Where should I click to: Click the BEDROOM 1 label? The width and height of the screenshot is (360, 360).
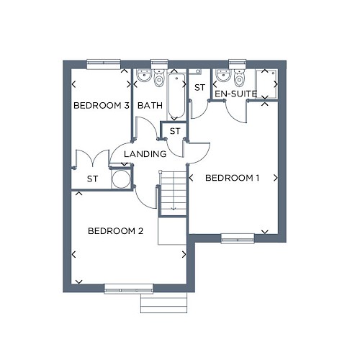(232, 178)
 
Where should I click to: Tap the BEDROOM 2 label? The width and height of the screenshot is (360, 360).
(115, 231)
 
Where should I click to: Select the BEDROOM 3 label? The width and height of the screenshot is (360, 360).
(102, 105)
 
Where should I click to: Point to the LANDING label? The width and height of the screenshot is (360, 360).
(145, 154)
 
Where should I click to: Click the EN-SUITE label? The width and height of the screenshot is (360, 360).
(235, 94)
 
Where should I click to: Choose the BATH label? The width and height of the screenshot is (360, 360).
(150, 105)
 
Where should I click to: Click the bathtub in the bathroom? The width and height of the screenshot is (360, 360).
(176, 96)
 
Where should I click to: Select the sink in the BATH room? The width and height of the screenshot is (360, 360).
(144, 75)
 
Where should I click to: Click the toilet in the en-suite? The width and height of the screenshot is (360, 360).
(239, 78)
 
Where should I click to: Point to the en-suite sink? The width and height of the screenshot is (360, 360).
(223, 75)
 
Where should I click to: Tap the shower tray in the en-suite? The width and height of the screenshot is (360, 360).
(266, 84)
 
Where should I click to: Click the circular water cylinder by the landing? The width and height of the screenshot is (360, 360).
(121, 179)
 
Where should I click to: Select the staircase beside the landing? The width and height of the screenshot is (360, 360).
(174, 193)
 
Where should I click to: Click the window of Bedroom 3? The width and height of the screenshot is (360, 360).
(103, 64)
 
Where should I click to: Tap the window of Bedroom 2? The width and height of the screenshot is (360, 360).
(129, 289)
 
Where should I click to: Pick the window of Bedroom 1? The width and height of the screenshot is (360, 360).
(238, 238)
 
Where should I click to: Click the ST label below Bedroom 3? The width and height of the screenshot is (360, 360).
(92, 179)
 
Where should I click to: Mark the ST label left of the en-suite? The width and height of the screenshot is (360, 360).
(199, 88)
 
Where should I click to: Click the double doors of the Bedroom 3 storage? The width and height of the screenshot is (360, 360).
(92, 158)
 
